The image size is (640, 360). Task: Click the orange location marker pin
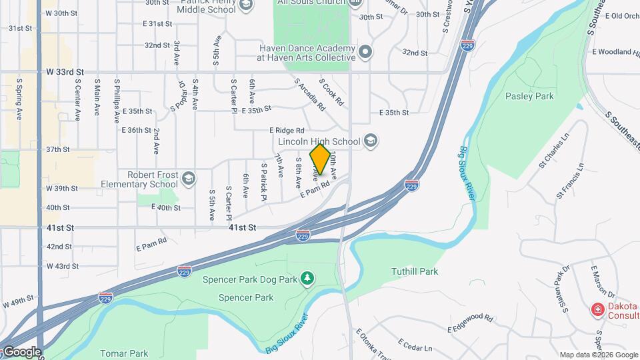320,159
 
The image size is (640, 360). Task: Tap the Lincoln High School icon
371,141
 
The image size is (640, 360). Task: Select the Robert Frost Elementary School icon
189,178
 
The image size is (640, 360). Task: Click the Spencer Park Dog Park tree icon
307,277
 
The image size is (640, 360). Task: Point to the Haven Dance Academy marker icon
365,51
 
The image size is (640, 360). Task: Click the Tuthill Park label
414,271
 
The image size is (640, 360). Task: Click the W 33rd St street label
65,71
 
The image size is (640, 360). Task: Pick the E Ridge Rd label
287,131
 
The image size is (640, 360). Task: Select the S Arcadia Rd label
310,95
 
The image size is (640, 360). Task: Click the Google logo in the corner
21,352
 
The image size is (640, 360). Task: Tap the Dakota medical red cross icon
597,310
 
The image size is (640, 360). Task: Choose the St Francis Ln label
571,181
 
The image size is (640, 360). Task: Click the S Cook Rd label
331,94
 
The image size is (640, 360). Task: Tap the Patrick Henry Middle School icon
246,6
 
